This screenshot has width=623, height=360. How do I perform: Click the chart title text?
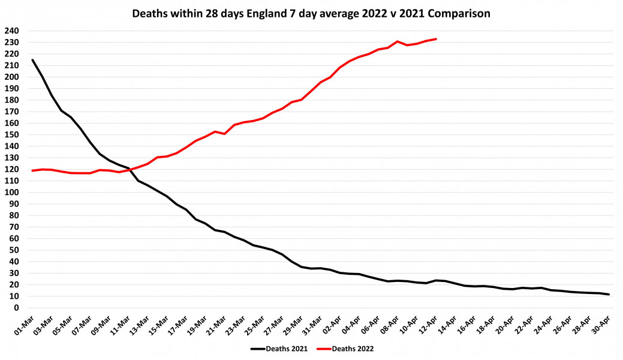[x=311, y=13]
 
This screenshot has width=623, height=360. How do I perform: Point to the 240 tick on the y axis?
[x=12, y=31]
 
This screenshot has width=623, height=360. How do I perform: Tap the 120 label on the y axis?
[x=12, y=170]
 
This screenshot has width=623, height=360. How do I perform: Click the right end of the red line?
[x=436, y=39]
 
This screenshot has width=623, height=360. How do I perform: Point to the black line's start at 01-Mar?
[x=32, y=59]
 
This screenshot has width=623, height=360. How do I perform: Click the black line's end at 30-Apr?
[x=609, y=294]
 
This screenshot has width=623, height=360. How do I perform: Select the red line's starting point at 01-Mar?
[x=32, y=170]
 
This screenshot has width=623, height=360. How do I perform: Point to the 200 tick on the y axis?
[x=12, y=77]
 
